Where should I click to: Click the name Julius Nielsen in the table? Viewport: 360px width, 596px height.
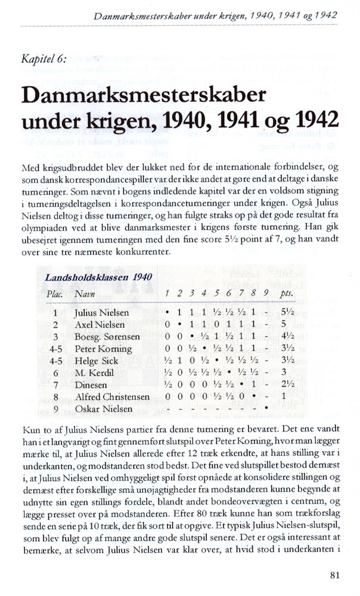coord(101,312)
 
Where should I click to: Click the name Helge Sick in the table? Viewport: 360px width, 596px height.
coord(96,361)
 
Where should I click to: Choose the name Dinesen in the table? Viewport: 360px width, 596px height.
coord(91,385)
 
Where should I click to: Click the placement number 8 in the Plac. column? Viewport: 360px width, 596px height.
coord(55,397)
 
